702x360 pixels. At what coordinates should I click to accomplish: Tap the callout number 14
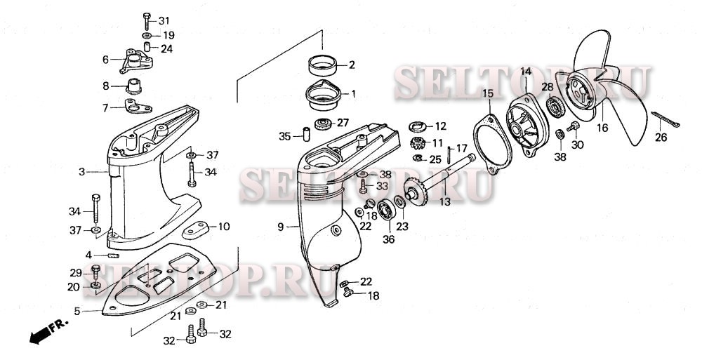click(x=526, y=72)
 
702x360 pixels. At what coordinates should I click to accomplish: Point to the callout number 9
click(x=280, y=227)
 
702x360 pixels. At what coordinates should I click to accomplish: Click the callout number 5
click(x=78, y=312)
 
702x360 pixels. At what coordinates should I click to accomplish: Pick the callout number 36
click(x=388, y=239)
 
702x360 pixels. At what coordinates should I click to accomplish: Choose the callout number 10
click(x=223, y=226)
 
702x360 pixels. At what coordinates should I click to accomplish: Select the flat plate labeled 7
click(x=135, y=107)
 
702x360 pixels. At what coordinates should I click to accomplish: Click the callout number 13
click(x=444, y=202)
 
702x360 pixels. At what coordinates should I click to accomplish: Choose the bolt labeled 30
click(x=572, y=127)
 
